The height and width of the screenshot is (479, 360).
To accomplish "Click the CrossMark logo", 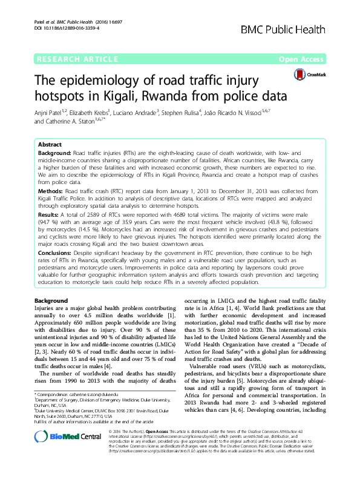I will click(307, 74).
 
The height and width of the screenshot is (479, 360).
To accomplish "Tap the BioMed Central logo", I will click(59, 453).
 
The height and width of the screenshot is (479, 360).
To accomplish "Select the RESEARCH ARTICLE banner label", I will click(77, 59).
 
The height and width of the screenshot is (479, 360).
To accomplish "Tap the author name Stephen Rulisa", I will click(182, 112).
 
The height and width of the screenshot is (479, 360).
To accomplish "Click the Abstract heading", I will click(50, 146).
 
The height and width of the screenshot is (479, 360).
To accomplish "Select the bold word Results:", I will click(50, 215).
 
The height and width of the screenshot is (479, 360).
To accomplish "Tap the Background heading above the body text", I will click(51, 300).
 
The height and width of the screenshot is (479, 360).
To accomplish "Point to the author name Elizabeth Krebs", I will click(90, 112).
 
